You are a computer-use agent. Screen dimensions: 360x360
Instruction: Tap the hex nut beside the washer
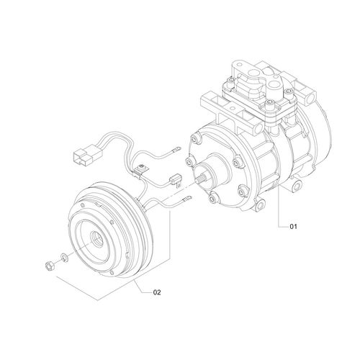pyautogui.click(x=48, y=264)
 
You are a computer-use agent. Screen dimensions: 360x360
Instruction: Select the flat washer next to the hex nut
pyautogui.click(x=63, y=258)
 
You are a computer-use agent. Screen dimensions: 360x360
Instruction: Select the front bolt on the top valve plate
pyautogui.click(x=268, y=106)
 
